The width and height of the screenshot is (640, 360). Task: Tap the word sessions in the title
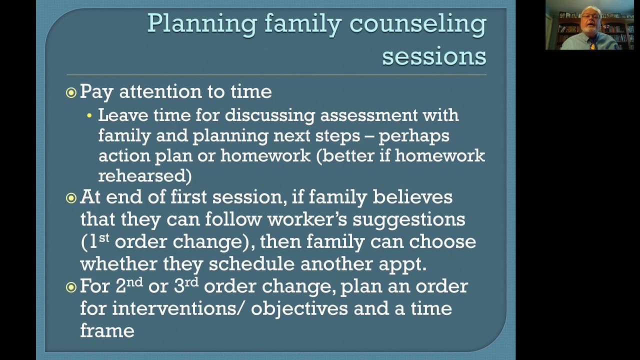point(434,56)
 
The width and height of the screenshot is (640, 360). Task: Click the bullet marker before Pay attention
point(71,92)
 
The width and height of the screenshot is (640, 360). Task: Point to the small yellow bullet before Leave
point(89,116)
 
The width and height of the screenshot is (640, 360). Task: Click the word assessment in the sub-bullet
point(368,115)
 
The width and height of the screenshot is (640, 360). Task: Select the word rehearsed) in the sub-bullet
point(144,175)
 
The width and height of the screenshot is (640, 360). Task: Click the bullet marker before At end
point(71,198)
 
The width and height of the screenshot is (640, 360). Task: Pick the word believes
point(412,197)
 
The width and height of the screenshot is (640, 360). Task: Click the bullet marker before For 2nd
point(71,287)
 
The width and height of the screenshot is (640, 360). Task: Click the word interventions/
point(178,308)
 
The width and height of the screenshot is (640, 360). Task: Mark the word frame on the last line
point(107,330)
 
